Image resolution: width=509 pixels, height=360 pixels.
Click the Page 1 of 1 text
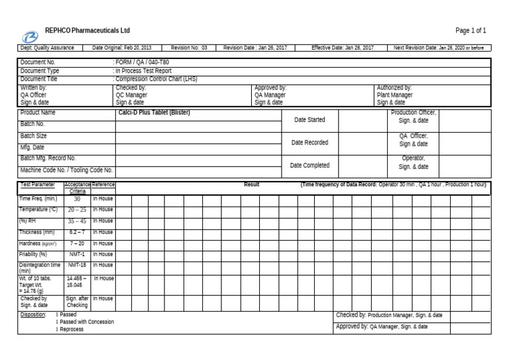[471, 30]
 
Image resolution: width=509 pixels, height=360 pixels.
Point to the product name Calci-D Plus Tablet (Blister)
[154, 113]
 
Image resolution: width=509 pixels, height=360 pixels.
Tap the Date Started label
[310, 120]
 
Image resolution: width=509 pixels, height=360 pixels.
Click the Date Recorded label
[310, 143]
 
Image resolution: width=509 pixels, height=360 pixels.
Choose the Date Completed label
[310, 165]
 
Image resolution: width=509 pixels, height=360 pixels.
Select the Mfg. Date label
[32, 147]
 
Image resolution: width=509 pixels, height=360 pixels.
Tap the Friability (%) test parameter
[33, 254]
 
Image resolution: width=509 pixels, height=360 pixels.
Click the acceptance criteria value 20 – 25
[77, 210]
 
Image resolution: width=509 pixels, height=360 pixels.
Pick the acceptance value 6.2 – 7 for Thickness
[77, 232]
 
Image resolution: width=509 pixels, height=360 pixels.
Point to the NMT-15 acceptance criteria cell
[77, 265]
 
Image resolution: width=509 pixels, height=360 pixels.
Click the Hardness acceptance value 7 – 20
[77, 243]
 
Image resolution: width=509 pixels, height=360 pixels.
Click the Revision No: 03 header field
[189, 48]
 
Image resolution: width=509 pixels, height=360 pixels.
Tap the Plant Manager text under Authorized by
[394, 95]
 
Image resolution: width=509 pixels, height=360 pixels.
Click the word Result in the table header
[251, 184]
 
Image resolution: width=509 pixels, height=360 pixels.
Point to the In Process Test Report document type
[143, 70]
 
